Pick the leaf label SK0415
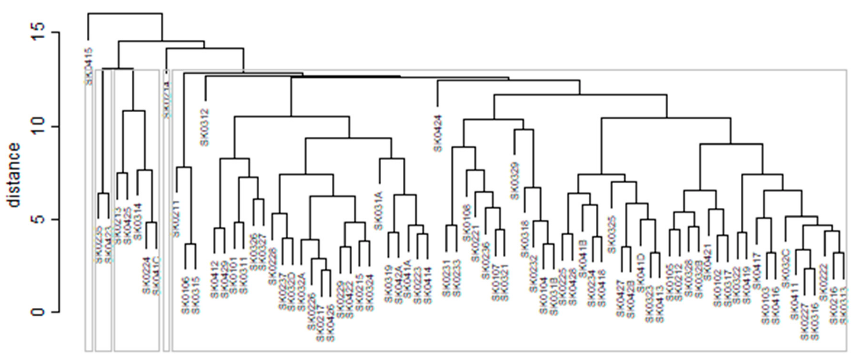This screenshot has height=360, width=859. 89,66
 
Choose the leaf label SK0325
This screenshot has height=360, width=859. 612,234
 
